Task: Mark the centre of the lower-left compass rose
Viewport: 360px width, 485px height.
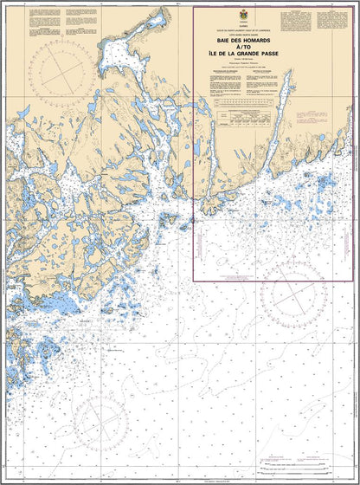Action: [x=102, y=414]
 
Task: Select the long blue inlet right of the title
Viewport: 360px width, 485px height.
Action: [x=286, y=91]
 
